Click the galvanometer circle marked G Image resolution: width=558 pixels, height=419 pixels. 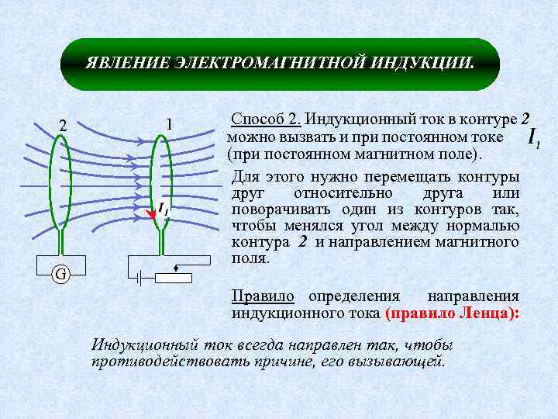click(60, 274)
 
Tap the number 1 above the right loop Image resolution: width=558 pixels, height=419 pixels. click(169, 124)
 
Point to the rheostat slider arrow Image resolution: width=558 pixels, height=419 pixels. click(178, 267)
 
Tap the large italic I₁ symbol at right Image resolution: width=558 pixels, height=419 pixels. click(532, 138)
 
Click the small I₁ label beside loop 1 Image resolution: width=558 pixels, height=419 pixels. click(164, 208)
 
